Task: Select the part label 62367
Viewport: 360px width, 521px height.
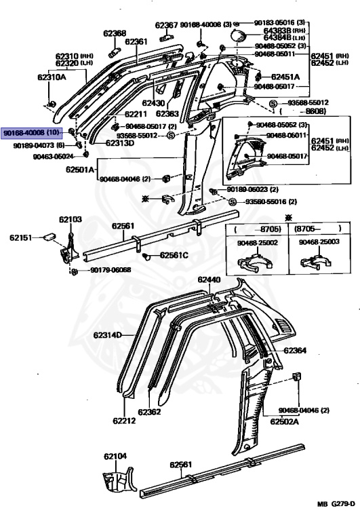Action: pyautogui.click(x=166, y=26)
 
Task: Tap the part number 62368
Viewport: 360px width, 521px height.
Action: pyautogui.click(x=115, y=33)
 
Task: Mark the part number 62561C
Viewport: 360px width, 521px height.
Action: pyautogui.click(x=174, y=255)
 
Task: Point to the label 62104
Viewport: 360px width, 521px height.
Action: pyautogui.click(x=115, y=457)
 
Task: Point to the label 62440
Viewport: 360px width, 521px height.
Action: pyautogui.click(x=209, y=279)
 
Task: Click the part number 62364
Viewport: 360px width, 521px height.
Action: pyautogui.click(x=295, y=351)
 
